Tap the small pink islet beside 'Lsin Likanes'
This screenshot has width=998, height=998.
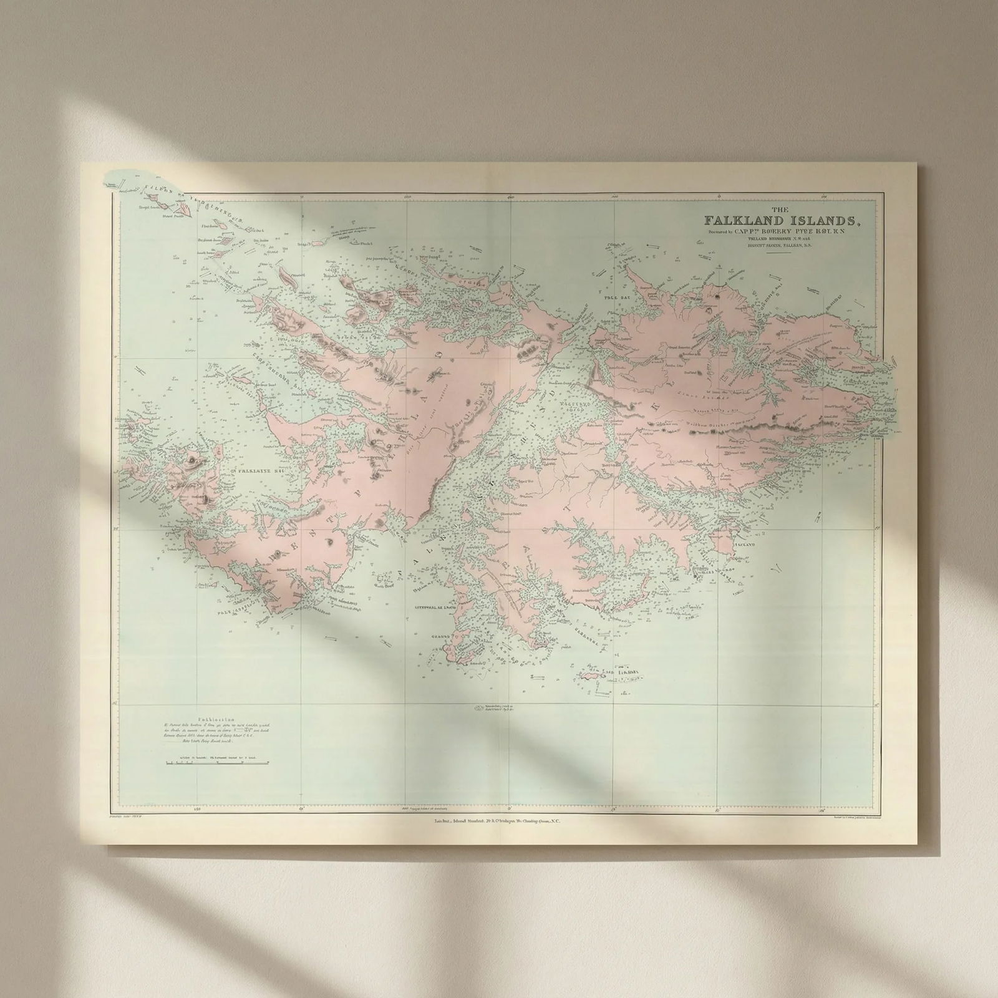[589, 676]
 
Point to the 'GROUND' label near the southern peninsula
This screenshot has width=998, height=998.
[440, 637]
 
